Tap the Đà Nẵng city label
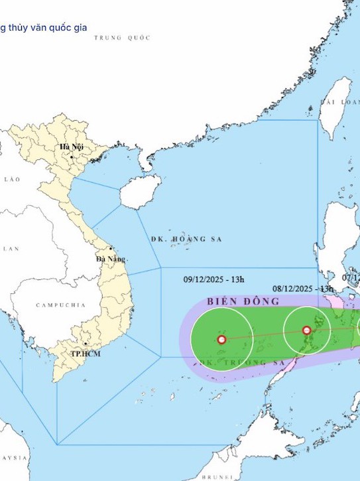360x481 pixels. [x=110, y=258]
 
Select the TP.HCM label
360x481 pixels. [x=86, y=354]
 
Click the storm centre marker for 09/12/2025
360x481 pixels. [x=221, y=340]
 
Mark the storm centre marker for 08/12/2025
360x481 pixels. [x=306, y=330]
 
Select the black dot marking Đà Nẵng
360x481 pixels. [x=110, y=249]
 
